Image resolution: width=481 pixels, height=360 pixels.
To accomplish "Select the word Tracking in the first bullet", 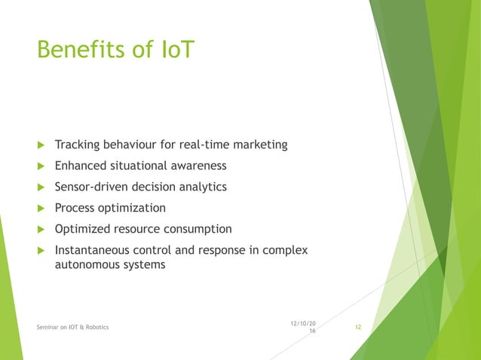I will click(x=78, y=145).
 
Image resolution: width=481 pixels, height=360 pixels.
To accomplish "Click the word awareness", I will click(x=198, y=166).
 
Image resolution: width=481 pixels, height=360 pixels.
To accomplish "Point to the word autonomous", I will click(x=86, y=265).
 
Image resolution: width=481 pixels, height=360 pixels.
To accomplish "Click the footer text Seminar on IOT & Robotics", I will click(x=72, y=327).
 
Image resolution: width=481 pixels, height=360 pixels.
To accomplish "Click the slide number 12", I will click(x=358, y=326).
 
